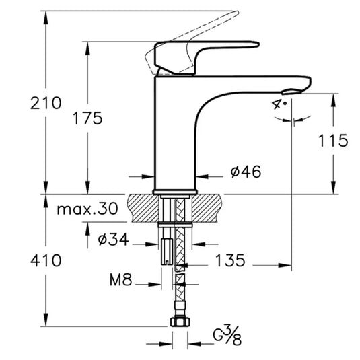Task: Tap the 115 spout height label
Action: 334,140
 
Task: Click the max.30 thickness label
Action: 86,209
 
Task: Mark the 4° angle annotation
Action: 280,104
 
